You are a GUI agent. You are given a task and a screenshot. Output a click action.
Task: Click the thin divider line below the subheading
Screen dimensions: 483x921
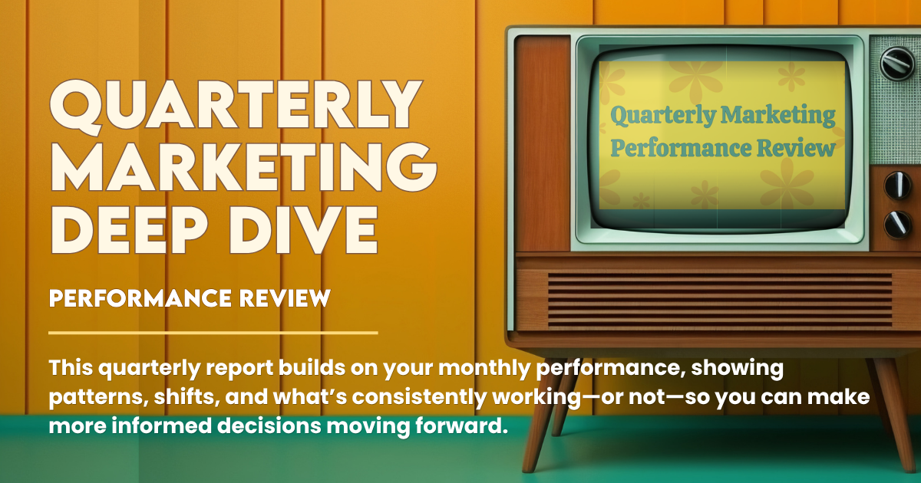tap(213, 333)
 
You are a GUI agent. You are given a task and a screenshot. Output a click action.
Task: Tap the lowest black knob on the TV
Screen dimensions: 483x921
tap(896, 223)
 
